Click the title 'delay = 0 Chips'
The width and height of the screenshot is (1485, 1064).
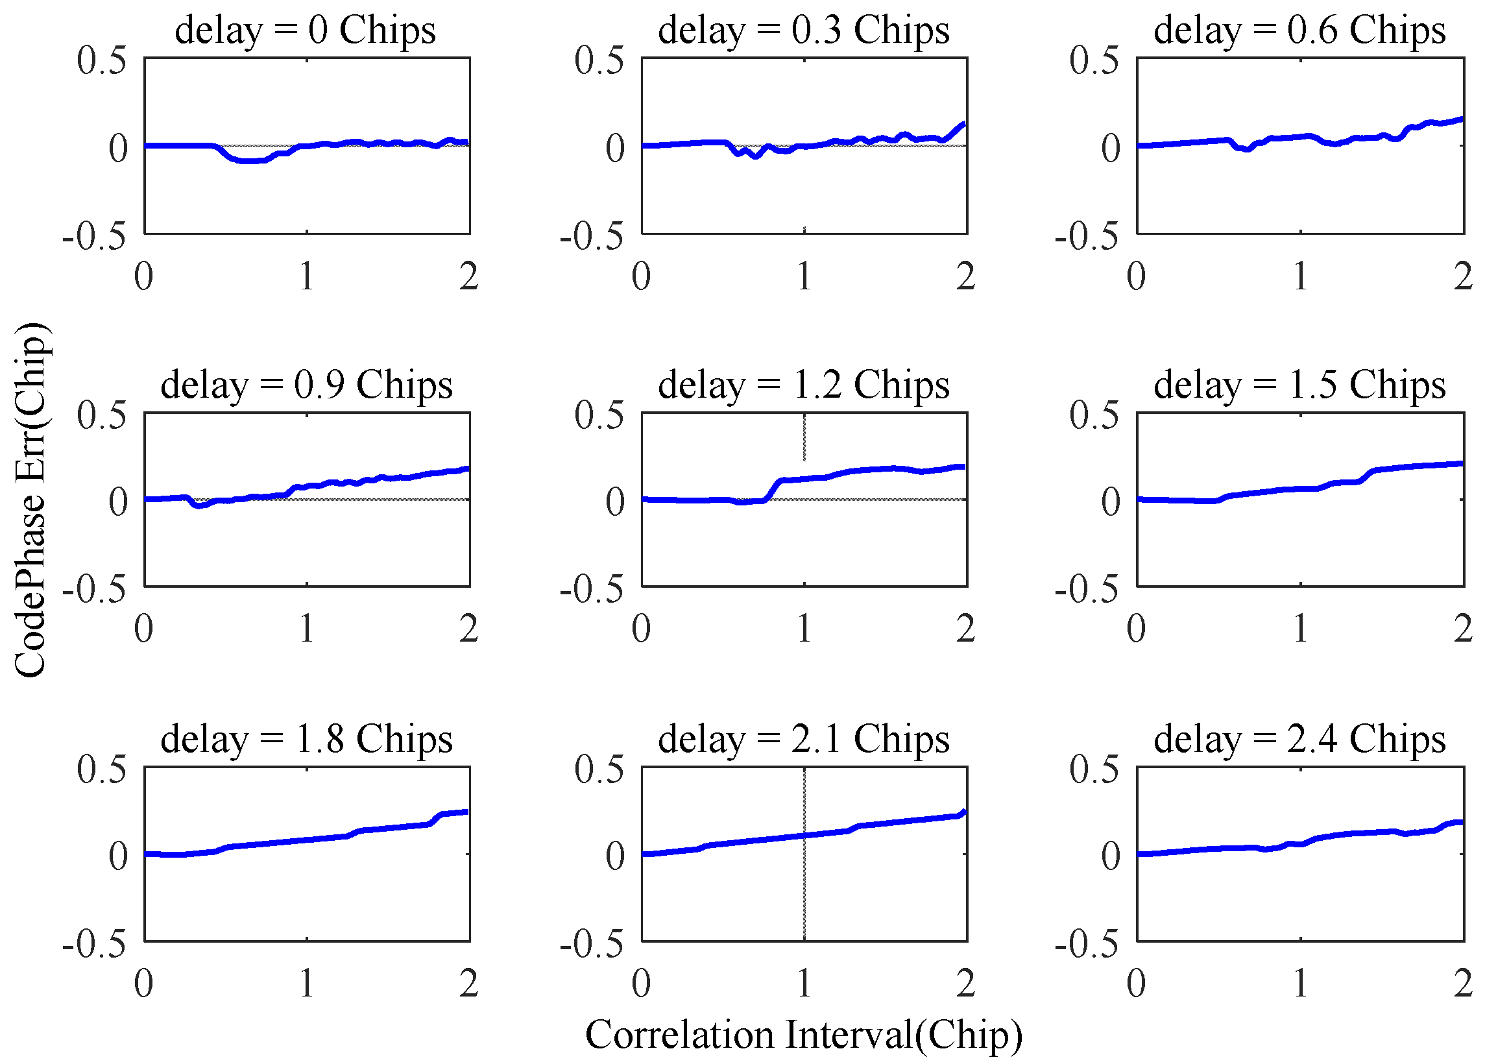click(x=305, y=30)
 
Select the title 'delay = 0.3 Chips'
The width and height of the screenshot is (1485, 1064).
click(x=803, y=30)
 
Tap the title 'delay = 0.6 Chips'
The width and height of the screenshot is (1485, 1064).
click(x=1299, y=30)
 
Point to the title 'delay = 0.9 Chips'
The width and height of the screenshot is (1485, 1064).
click(x=306, y=384)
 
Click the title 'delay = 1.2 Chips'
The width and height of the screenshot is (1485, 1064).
click(x=803, y=384)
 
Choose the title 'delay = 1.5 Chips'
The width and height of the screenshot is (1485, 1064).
click(x=1299, y=384)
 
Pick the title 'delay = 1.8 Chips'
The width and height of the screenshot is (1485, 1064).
click(x=306, y=739)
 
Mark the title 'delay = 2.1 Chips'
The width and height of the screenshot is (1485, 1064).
click(x=803, y=739)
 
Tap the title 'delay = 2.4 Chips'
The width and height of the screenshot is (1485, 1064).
click(x=1299, y=739)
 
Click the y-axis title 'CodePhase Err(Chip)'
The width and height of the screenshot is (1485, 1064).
click(x=30, y=500)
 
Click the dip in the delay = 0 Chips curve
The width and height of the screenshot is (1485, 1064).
click(x=249, y=160)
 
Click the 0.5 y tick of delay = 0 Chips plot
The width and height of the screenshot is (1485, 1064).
click(x=101, y=60)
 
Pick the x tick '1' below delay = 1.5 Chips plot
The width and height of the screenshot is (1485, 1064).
click(x=1300, y=629)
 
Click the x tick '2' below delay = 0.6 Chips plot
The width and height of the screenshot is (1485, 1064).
click(x=1463, y=276)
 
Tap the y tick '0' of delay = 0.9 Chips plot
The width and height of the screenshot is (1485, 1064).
click(x=118, y=502)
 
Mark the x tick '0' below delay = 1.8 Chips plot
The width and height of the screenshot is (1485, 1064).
click(x=143, y=983)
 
